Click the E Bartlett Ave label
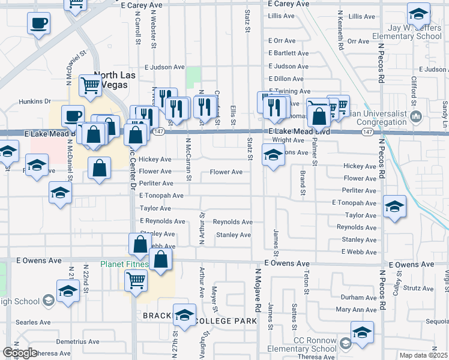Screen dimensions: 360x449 (289, 53)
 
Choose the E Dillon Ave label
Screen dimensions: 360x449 (286, 79)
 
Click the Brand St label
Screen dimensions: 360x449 (301, 183)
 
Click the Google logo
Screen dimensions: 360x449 (20, 353)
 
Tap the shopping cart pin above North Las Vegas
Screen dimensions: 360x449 (91, 85)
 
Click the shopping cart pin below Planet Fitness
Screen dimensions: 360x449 (136, 280)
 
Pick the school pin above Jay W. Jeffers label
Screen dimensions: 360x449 (418, 13)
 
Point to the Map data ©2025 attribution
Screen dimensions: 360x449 (423, 355)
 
